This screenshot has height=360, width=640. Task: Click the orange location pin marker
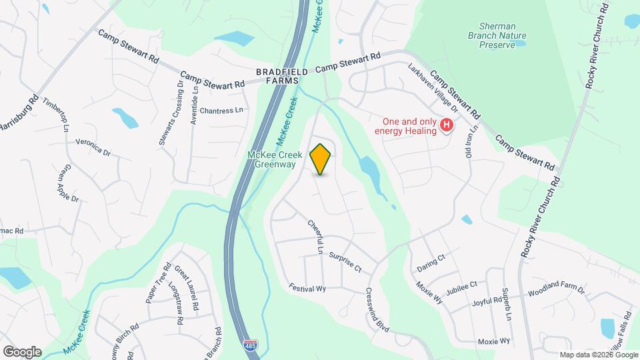[x=321, y=159]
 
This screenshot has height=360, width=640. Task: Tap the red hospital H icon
[x=448, y=125]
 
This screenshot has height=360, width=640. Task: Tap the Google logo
[x=22, y=351]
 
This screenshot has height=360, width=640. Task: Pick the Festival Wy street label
[x=307, y=288]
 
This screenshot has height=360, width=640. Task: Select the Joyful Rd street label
[x=487, y=301]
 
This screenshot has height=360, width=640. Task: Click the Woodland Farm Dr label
[x=556, y=291]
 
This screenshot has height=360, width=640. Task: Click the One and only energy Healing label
[x=409, y=126]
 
